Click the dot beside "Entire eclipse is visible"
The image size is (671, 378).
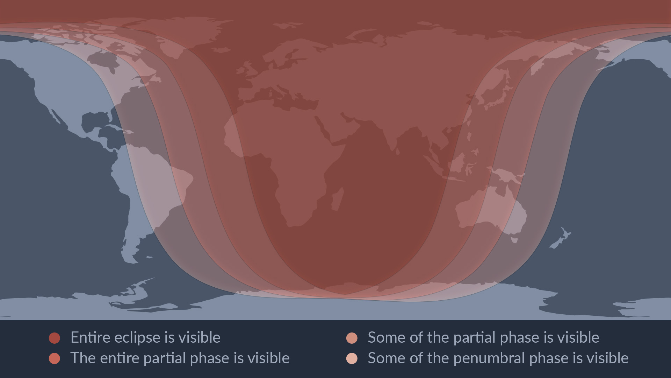(x=55, y=338)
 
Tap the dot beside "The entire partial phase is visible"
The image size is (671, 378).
(x=55, y=358)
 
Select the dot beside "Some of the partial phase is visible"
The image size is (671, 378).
(x=352, y=338)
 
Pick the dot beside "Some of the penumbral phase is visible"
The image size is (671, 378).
(x=352, y=358)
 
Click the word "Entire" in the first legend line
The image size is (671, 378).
(x=91, y=337)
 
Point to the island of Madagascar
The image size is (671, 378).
(x=337, y=199)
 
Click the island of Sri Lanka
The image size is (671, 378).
(x=397, y=152)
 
